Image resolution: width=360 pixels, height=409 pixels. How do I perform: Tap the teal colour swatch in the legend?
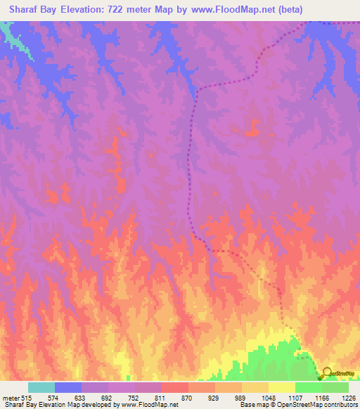click(x=41, y=387)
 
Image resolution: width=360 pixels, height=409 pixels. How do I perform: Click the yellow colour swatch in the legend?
click(x=282, y=387)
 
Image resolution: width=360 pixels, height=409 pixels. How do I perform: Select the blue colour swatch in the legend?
click(x=68, y=387)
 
